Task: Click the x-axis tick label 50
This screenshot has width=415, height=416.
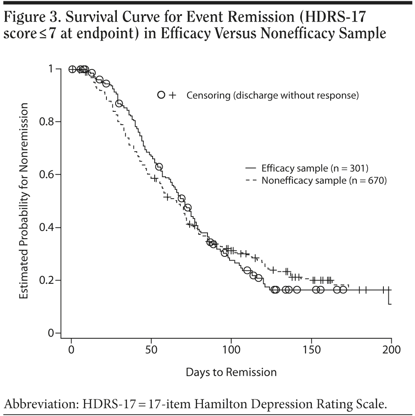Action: pyautogui.click(x=151, y=349)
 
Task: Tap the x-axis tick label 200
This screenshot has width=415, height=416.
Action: pyautogui.click(x=391, y=349)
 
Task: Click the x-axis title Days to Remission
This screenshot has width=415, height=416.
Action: pyautogui.click(x=231, y=372)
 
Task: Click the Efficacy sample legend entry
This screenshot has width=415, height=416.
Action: pyautogui.click(x=315, y=168)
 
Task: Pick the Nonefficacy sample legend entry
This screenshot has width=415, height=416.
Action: pyautogui.click(x=324, y=181)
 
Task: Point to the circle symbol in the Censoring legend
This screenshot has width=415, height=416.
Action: pyautogui.click(x=161, y=95)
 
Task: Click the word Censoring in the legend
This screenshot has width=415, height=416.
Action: pyautogui.click(x=208, y=95)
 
